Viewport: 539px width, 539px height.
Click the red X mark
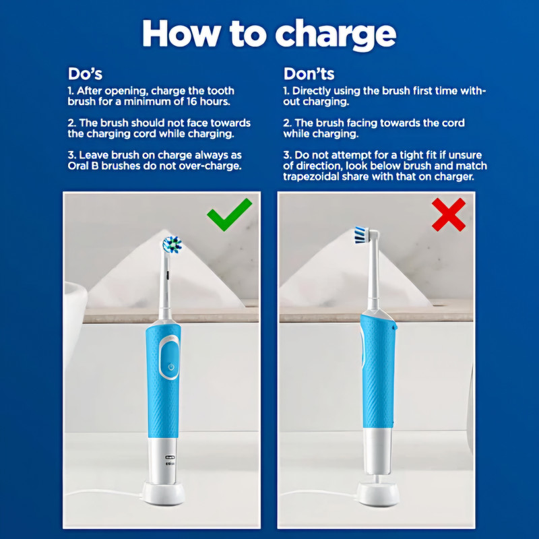point(449,214)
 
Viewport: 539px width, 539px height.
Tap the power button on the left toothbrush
point(171,367)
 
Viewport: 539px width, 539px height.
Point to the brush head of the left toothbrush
point(172,244)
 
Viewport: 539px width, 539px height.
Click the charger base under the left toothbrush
point(164,494)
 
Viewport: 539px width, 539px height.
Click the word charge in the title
point(336,35)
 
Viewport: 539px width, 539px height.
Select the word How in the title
point(181,33)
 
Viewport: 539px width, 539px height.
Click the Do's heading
point(85,73)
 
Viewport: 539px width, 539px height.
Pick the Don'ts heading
point(309,73)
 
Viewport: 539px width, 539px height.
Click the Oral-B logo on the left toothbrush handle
point(170,457)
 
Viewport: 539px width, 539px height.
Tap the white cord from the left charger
point(103,493)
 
